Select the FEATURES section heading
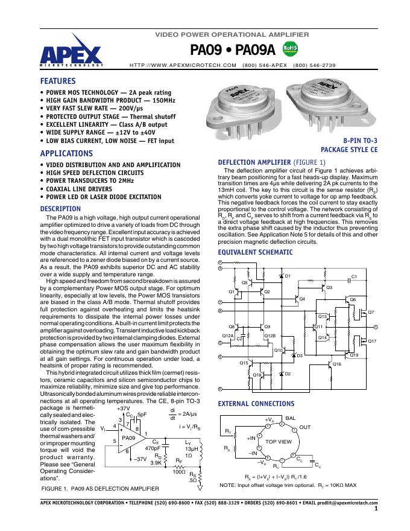point(58,80)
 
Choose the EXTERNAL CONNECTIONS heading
point(256,403)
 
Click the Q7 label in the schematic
point(371,312)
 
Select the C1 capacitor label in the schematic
point(355,276)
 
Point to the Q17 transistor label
point(371,342)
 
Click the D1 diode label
point(288,276)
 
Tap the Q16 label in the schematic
point(336,364)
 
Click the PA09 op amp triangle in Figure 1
point(129,436)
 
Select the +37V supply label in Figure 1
point(122,409)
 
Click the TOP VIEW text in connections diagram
point(279,442)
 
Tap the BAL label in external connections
point(291,418)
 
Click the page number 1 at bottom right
point(375,509)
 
